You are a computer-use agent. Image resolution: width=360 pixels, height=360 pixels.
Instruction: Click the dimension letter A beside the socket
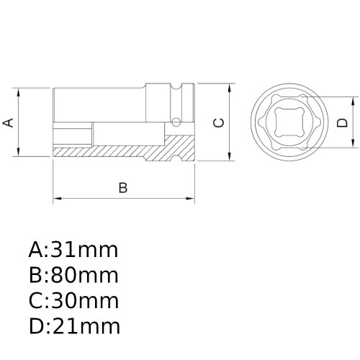point(9,122)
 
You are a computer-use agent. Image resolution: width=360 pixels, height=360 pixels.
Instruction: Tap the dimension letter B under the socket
point(122,188)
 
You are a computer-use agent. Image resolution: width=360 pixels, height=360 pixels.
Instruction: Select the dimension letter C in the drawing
point(219,122)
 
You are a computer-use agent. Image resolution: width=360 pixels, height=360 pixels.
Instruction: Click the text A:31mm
point(73,251)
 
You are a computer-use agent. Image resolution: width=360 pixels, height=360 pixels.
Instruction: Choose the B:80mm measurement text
point(73,276)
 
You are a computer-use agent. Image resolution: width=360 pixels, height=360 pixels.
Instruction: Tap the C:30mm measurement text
point(73,301)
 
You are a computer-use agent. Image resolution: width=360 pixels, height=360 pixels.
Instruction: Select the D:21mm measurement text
point(74,326)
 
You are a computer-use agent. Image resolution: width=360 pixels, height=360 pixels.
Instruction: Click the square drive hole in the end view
point(290,122)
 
